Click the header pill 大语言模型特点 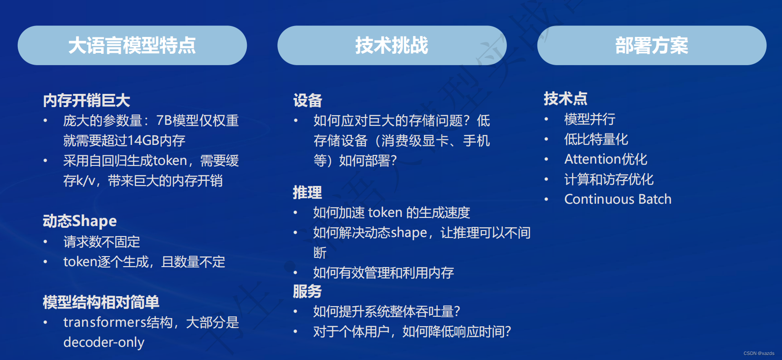click(x=132, y=45)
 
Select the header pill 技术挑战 click(x=392, y=45)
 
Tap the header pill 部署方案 click(x=652, y=45)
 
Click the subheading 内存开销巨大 click(x=87, y=100)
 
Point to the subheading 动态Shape click(x=80, y=221)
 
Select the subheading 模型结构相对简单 click(x=101, y=302)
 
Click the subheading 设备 click(x=307, y=100)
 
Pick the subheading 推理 click(x=307, y=192)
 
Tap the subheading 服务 click(x=307, y=291)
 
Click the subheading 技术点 click(x=566, y=98)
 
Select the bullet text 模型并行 click(x=590, y=119)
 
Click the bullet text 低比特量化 click(x=596, y=139)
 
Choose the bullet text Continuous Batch click(x=618, y=199)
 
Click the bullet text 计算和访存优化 click(x=609, y=179)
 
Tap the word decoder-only click(x=104, y=342)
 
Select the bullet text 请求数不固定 click(x=102, y=242)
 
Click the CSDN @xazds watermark click(x=759, y=353)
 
